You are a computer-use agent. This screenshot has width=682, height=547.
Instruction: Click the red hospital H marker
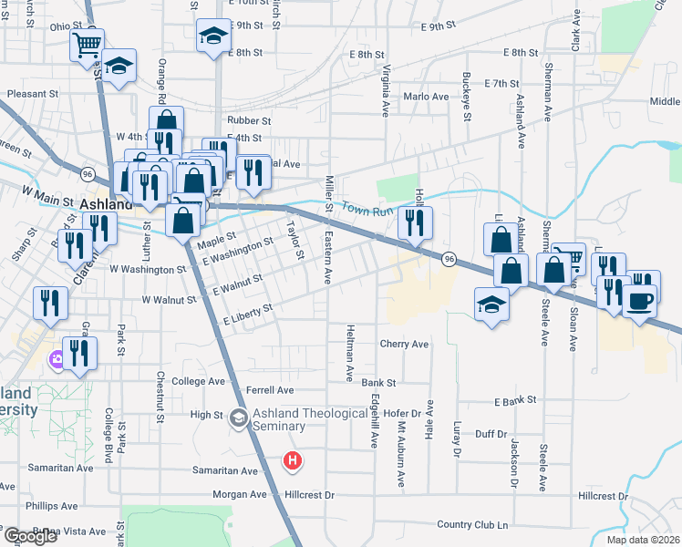(x=292, y=461)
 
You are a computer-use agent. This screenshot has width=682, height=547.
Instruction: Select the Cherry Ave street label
(x=404, y=345)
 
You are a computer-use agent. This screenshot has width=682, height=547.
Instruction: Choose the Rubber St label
(x=250, y=120)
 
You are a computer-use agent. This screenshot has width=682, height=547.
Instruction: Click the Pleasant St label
(x=33, y=93)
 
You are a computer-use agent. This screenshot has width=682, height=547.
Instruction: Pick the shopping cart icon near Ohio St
(x=88, y=44)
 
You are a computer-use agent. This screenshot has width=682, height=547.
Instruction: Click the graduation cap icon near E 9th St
(x=213, y=36)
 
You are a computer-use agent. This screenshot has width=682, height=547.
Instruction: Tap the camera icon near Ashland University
(x=57, y=360)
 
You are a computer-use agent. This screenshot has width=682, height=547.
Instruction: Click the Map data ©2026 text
(x=642, y=540)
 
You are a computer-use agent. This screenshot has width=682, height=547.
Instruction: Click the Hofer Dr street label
(x=406, y=413)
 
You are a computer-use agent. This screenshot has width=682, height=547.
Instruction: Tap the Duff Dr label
(x=490, y=434)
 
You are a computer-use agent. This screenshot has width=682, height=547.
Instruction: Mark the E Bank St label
(x=516, y=401)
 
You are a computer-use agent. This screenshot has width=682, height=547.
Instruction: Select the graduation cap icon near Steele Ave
(x=491, y=304)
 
